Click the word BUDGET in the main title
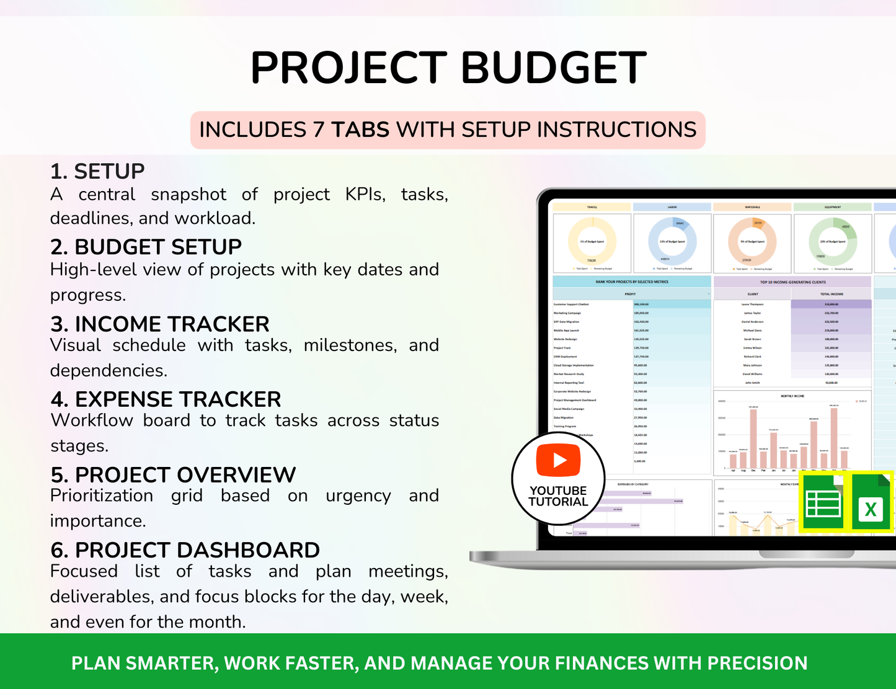coord(553,68)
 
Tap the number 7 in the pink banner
coord(319,130)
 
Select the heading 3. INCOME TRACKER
coord(159,324)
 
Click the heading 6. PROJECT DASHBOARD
coord(185,549)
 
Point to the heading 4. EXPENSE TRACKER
coord(166,399)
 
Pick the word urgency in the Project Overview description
coord(358,496)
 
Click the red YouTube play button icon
coord(558,460)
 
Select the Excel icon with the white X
coord(871,503)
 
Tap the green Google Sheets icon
coord(823,503)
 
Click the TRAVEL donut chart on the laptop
coord(592,242)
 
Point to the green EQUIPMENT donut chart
coord(833,242)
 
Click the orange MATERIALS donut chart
coord(752,242)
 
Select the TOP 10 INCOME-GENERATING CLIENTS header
coord(792,282)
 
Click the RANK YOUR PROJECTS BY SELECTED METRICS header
coord(631,282)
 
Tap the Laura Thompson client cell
coord(752,304)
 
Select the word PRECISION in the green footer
coord(757,663)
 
